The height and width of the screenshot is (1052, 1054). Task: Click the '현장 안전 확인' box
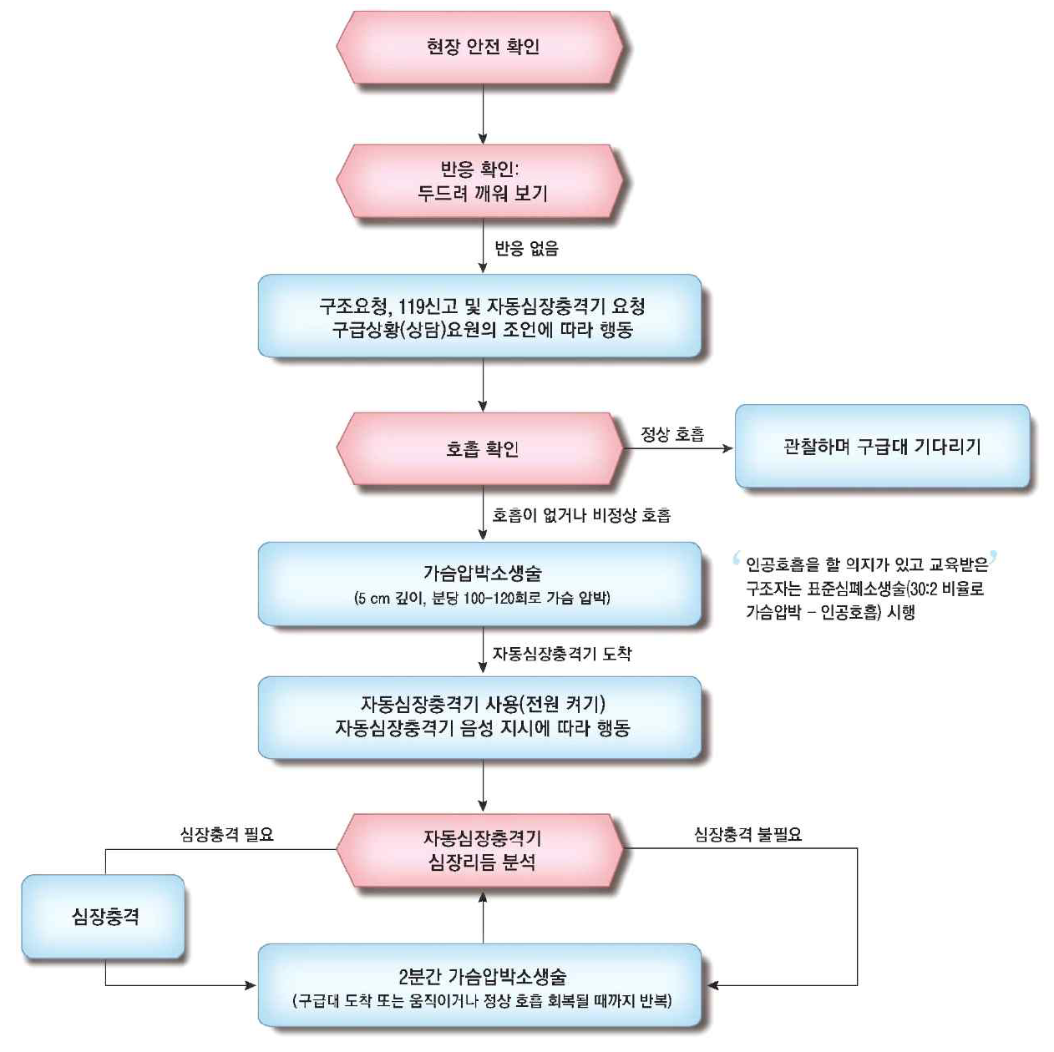pos(482,47)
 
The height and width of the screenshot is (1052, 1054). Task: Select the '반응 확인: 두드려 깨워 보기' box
pos(482,181)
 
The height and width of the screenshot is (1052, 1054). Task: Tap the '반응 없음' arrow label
pos(526,248)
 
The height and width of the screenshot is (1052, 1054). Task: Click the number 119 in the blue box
pos(413,306)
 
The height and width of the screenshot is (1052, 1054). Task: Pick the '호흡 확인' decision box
pos(482,449)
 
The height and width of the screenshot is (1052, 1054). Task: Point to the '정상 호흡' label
pos(672,434)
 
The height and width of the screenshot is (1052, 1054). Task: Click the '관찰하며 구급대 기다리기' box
pos(882,447)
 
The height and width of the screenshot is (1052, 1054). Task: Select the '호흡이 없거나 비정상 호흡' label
pos(581,515)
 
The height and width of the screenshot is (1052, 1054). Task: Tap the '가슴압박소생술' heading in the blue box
pos(482,573)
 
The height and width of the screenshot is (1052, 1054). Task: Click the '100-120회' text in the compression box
pos(504,598)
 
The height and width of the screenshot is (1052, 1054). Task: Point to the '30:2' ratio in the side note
pos(925,589)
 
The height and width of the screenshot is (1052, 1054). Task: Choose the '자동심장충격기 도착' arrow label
pos(561,654)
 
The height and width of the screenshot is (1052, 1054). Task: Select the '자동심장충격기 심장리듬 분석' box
pos(482,849)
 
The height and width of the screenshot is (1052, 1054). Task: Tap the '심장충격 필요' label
pos(226,834)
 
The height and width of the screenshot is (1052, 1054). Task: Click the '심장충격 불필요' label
pos(747,834)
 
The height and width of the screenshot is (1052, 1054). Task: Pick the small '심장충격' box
pos(104,917)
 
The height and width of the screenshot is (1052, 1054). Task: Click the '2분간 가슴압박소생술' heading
pos(482,976)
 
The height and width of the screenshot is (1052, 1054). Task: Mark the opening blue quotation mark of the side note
pos(737,558)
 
